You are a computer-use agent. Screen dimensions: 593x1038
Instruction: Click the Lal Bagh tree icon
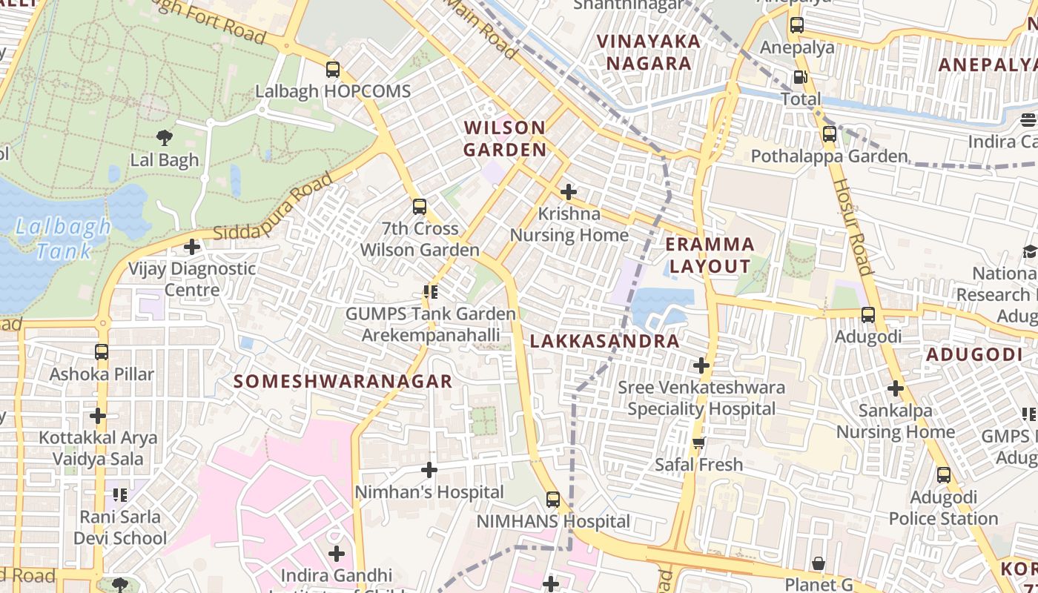tap(164, 136)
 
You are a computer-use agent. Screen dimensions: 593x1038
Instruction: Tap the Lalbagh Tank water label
tap(64, 239)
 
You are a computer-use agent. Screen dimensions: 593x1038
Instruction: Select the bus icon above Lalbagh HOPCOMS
tap(333, 70)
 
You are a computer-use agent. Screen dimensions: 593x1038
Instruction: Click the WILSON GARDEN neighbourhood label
tap(505, 139)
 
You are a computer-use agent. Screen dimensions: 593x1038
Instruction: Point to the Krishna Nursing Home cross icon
tap(569, 192)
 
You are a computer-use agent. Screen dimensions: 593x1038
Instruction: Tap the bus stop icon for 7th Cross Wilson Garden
tap(420, 206)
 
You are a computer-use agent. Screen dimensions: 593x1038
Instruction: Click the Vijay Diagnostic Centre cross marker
tap(192, 247)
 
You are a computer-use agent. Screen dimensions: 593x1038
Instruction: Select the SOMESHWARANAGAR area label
tap(343, 382)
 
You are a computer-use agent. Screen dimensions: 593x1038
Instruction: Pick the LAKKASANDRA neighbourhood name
tap(605, 342)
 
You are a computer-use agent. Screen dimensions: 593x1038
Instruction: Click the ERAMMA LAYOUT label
tap(710, 255)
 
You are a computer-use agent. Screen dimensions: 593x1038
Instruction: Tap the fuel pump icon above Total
tap(801, 77)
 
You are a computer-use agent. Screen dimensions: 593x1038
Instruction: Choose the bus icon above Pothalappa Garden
tap(829, 134)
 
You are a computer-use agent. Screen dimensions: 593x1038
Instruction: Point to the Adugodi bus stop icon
tap(868, 315)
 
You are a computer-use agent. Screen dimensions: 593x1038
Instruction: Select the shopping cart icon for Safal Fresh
tap(698, 443)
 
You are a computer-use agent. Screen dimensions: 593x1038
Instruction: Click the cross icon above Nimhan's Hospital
tap(429, 470)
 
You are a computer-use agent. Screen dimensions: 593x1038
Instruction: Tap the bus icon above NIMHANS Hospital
tap(553, 500)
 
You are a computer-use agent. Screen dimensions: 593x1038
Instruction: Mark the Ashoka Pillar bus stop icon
tap(102, 352)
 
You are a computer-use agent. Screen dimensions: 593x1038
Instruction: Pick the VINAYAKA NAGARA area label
tap(649, 52)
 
